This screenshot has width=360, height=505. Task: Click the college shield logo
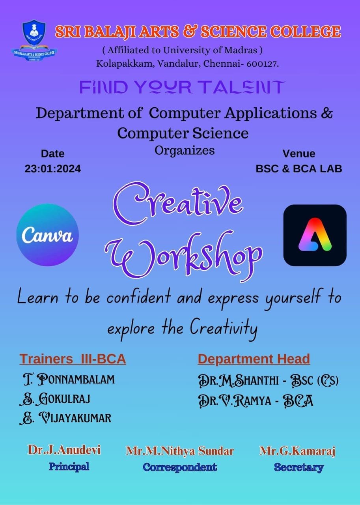(34, 41)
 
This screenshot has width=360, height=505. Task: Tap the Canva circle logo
(48, 235)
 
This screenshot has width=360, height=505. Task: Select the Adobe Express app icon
(315, 235)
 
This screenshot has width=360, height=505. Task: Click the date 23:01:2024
(53, 169)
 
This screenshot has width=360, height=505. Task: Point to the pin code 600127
(263, 64)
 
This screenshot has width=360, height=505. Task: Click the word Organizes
(185, 151)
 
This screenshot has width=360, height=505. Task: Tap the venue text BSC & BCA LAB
(299, 169)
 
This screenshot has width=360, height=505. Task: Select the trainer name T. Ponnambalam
(69, 380)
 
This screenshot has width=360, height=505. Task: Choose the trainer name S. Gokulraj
(55, 398)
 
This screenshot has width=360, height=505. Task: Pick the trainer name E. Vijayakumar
(65, 418)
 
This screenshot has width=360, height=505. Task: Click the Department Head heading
(254, 359)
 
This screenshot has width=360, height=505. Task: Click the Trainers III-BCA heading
(73, 359)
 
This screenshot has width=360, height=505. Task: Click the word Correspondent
(180, 467)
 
